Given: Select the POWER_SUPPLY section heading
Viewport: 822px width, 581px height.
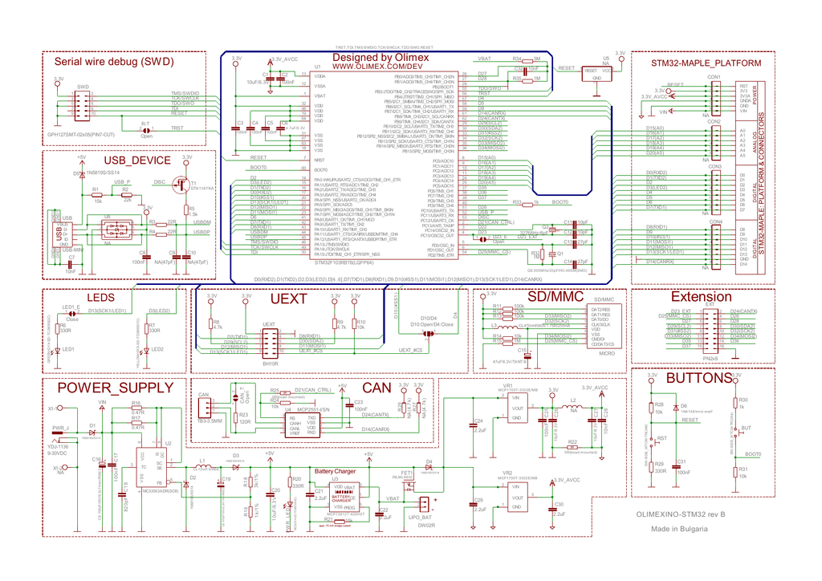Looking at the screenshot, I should coord(115,388).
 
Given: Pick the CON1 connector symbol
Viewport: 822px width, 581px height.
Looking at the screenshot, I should coord(713,95).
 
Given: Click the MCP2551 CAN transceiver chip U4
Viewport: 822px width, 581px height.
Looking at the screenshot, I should coord(303,425).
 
